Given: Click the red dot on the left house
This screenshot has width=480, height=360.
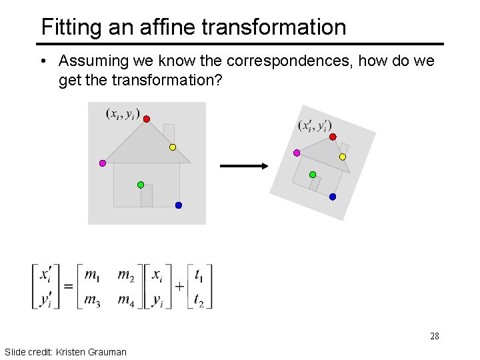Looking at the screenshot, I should click(147, 119).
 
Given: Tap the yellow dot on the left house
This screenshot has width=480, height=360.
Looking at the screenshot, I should click(172, 147).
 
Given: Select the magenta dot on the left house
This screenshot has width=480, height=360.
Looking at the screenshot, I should click(102, 163).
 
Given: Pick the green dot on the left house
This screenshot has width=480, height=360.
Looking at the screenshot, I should click(141, 184).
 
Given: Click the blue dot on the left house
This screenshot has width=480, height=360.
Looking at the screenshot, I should click(179, 205).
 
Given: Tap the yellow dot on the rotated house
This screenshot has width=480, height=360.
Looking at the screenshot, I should click(343, 157).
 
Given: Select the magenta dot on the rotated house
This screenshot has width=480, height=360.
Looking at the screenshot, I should click(297, 153).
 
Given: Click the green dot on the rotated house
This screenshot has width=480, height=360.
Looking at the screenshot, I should click(313, 175).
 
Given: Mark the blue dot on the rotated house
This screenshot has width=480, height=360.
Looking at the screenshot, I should click(333, 197).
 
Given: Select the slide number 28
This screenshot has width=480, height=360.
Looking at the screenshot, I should click(435, 336).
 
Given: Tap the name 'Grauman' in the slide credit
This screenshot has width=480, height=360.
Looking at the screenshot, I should click(106, 351).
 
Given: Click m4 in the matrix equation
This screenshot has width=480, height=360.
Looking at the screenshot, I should click(126, 301).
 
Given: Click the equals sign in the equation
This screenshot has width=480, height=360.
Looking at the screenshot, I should click(67, 287).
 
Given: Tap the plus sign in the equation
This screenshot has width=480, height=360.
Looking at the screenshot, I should click(179, 287).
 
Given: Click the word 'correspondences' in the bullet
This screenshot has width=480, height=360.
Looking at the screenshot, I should click(290, 61).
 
